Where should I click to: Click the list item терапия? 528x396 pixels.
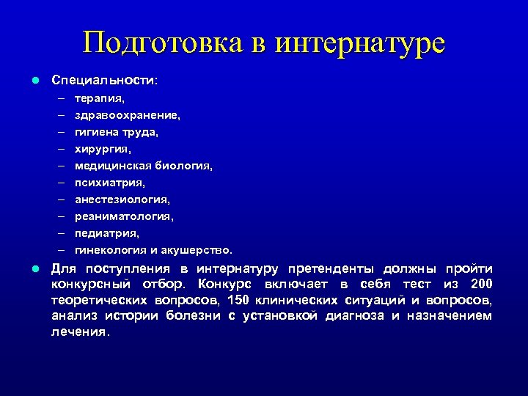(x=100, y=98)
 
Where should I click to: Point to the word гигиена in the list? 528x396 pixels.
(x=98, y=132)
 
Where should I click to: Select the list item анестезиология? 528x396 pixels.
(x=122, y=199)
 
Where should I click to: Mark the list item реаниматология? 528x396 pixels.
(x=124, y=216)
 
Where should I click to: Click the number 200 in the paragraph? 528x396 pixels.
(x=481, y=285)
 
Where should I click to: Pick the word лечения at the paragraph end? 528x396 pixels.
(x=80, y=331)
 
